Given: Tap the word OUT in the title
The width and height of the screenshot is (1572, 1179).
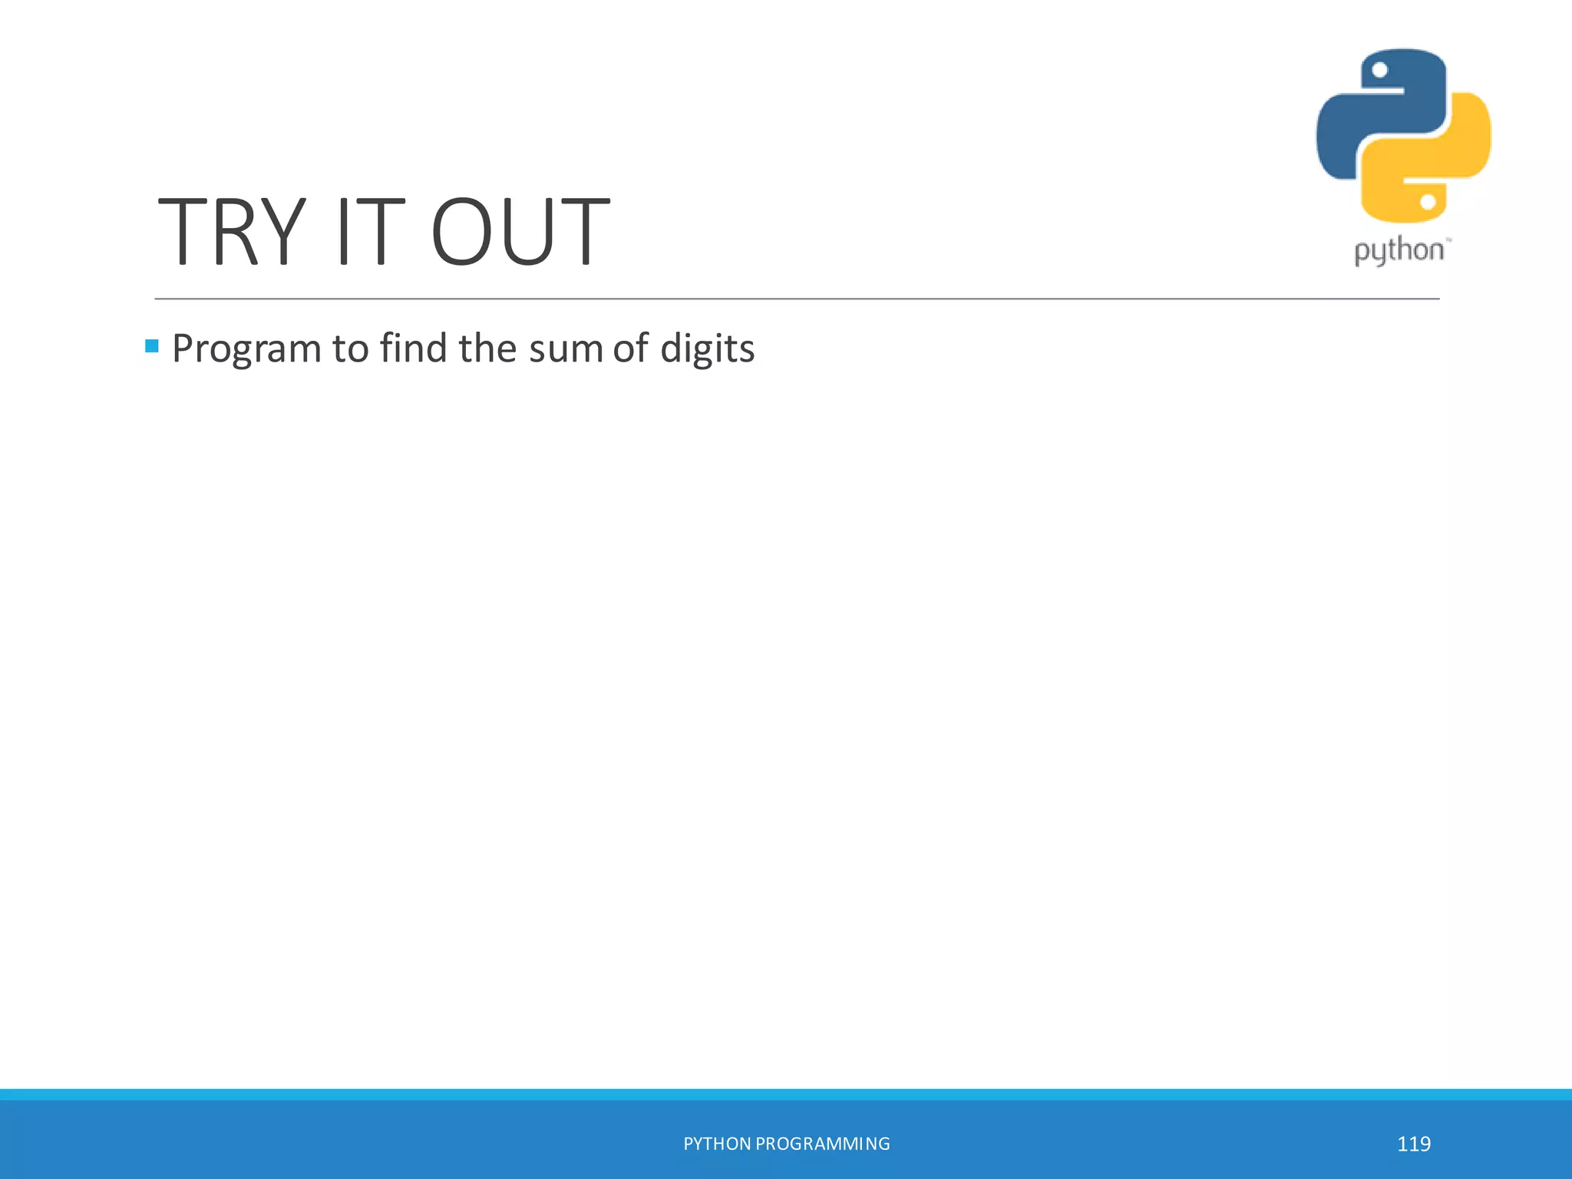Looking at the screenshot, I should point(520,232).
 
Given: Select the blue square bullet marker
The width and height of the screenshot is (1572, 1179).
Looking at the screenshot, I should point(152,346).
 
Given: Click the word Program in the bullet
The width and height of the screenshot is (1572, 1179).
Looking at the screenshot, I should point(246,349).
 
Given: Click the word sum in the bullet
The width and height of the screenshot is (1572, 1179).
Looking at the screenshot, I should point(565,349).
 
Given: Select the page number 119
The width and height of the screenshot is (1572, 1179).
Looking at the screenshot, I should point(1413,1144).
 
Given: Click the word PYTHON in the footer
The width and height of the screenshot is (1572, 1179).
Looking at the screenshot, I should point(717,1144).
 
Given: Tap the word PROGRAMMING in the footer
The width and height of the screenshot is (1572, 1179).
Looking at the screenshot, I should point(823,1144).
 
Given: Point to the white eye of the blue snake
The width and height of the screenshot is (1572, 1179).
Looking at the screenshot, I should point(1379,71).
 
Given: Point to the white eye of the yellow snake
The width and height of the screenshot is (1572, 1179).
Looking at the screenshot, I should point(1428,202).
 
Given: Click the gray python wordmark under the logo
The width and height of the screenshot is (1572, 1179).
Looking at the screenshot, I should point(1399,251).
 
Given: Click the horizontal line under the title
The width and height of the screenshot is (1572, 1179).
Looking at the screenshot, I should point(797,299).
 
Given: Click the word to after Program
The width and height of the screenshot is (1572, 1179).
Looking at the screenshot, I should point(350,349).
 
